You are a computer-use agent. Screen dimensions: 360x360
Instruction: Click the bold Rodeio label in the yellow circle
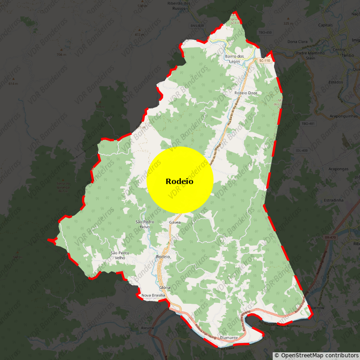180,181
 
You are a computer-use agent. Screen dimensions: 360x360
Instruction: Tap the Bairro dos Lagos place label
234,58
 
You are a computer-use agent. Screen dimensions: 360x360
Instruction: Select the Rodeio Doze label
246,93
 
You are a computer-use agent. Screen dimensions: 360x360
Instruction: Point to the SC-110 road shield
265,60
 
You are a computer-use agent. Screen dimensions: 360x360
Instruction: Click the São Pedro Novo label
145,224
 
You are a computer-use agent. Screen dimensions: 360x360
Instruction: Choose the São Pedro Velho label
120,255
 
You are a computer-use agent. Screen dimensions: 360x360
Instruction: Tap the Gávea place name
175,222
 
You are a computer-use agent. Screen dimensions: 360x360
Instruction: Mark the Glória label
165,287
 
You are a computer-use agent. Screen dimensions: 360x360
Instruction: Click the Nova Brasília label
153,295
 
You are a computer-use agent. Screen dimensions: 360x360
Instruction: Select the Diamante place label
229,337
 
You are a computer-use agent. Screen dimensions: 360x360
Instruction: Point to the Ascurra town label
147,328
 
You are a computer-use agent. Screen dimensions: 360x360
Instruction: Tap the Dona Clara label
297,41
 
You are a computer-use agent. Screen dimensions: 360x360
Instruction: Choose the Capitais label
325,25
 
